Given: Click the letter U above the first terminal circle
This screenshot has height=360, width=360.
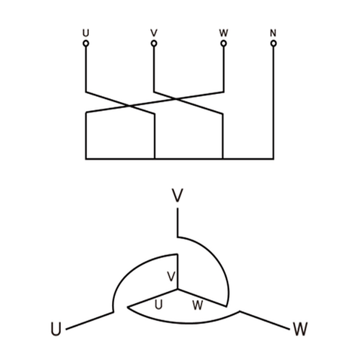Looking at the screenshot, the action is [x=86, y=33].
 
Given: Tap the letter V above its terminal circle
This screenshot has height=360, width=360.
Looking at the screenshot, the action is [x=154, y=33].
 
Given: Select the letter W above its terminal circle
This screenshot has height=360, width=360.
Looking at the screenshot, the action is [x=223, y=33].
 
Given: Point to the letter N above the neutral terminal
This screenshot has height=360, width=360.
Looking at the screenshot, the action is [x=273, y=33].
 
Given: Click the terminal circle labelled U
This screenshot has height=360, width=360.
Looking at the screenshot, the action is [x=86, y=43].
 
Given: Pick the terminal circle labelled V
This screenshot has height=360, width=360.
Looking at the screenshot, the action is [x=154, y=43].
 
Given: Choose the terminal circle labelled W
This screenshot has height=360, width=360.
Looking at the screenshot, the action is [x=224, y=43].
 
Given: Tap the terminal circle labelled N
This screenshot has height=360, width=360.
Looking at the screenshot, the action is [x=274, y=43].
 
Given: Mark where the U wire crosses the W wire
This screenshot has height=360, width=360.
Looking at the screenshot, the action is [x=128, y=106].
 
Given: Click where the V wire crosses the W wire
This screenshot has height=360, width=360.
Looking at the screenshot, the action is [x=175, y=99].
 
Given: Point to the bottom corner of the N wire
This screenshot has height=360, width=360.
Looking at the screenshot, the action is [x=273, y=159].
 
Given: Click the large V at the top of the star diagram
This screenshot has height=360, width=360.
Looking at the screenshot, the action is [x=177, y=196].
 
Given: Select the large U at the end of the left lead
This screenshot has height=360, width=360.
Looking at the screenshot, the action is [x=56, y=329].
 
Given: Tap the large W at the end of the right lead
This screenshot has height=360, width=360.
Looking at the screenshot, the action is [x=300, y=329].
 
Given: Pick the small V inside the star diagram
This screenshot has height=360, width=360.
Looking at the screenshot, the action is [x=171, y=276].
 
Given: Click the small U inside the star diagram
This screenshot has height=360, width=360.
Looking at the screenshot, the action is [x=159, y=305].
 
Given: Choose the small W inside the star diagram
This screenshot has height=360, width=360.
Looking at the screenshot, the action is [x=198, y=305].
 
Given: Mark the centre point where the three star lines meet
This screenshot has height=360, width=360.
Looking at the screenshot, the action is [x=177, y=289].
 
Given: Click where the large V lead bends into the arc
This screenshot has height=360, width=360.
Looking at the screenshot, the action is [x=177, y=237].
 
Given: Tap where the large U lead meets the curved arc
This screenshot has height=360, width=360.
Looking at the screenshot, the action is [x=113, y=312].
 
